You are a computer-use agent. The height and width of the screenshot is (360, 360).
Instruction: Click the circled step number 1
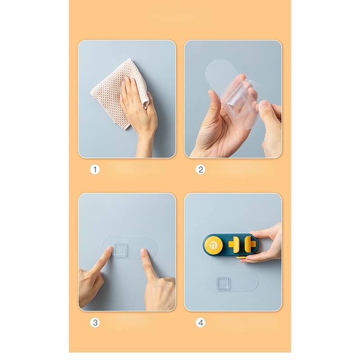(x=94, y=170)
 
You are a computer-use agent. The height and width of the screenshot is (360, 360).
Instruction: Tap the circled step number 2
(x=201, y=170)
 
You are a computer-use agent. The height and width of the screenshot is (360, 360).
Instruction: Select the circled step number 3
(x=94, y=322)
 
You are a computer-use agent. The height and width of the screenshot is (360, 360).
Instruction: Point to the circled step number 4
(x=201, y=322)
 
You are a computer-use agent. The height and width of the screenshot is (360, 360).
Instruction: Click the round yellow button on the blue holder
(x=213, y=245)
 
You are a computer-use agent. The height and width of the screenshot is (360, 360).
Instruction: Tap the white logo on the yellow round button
(x=213, y=245)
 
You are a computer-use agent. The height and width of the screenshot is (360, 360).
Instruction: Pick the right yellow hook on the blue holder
(x=250, y=244)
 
